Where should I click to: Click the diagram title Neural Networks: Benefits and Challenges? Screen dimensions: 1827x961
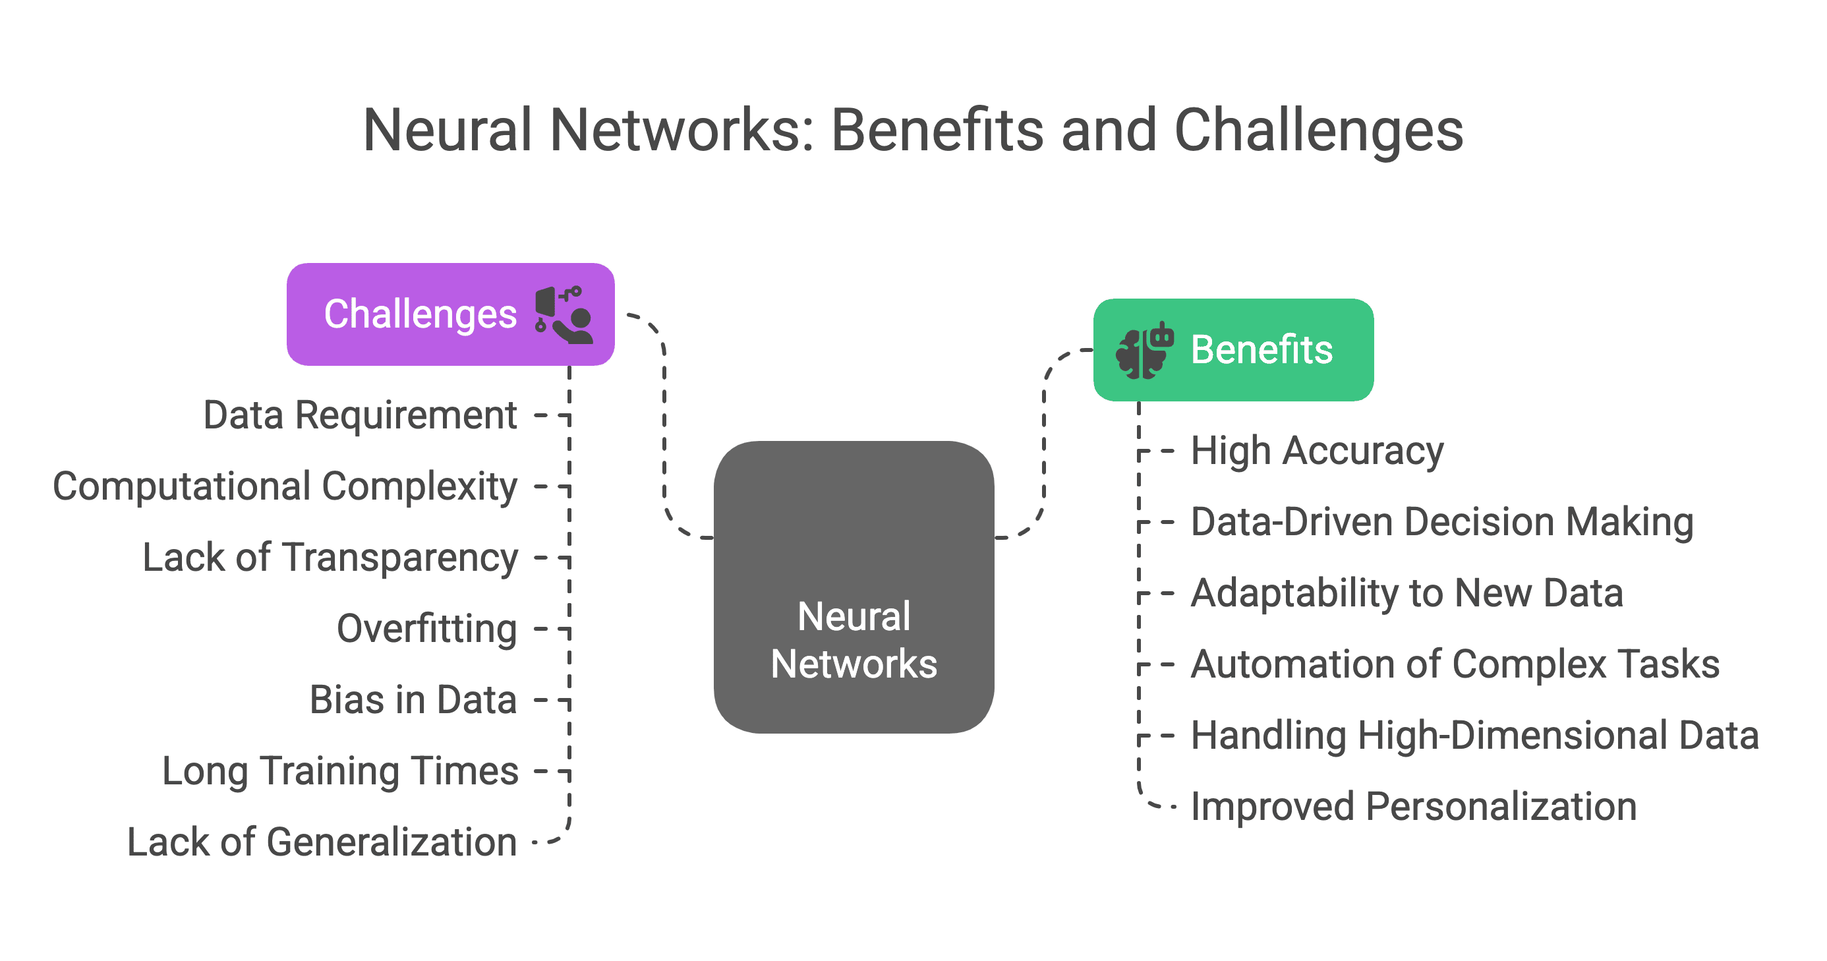coord(913,131)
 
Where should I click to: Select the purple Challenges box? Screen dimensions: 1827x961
coord(450,314)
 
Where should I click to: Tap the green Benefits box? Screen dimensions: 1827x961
coord(1233,349)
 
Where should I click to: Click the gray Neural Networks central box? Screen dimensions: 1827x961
coord(854,587)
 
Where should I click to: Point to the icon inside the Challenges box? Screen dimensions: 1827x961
coord(564,315)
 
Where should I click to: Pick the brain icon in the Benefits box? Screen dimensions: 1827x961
coord(1145,351)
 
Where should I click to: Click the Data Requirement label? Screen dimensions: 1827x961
coord(361,416)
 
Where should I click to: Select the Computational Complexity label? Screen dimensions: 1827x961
coord(285,487)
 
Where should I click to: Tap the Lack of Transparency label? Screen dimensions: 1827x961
coord(330,558)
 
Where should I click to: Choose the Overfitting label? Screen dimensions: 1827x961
coord(427,629)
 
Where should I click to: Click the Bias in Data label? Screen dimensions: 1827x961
coord(413,700)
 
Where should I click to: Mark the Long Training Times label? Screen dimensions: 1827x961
coord(341,772)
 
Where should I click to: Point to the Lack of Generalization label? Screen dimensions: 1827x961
coord(322,842)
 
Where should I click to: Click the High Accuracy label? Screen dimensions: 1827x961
coord(1317,451)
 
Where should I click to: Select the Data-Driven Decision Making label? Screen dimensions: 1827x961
coord(1443,523)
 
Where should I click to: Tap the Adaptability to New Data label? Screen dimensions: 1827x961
coord(1407,594)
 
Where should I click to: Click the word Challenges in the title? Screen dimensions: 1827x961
coord(1319,132)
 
